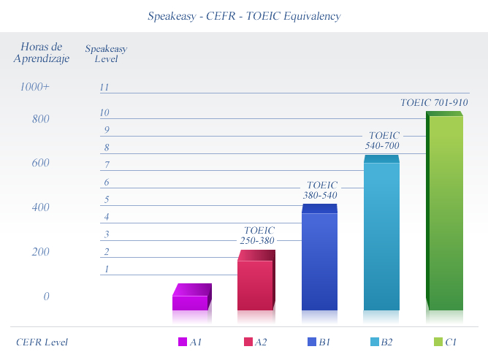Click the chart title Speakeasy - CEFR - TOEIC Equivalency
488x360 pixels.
click(x=244, y=16)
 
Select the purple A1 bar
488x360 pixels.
click(x=192, y=297)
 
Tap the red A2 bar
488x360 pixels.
click(x=256, y=280)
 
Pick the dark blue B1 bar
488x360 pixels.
click(x=319, y=257)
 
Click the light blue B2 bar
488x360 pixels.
click(x=381, y=232)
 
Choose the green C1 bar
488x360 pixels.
click(x=444, y=210)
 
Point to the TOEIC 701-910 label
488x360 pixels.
click(x=434, y=102)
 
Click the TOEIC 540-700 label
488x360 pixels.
click(x=383, y=140)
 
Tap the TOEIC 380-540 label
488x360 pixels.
click(x=320, y=190)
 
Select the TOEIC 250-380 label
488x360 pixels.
click(x=257, y=235)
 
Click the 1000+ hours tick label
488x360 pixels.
click(x=34, y=86)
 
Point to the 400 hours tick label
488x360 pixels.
click(x=40, y=207)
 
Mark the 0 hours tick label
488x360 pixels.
click(x=46, y=296)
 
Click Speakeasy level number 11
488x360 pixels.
click(x=104, y=87)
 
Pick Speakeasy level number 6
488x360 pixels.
click(x=107, y=182)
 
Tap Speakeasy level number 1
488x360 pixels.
click(x=107, y=269)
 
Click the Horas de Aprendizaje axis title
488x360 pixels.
click(x=42, y=53)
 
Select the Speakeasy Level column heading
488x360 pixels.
click(x=106, y=53)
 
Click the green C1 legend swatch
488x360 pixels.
click(x=438, y=342)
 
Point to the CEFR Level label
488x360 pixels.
click(x=42, y=342)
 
